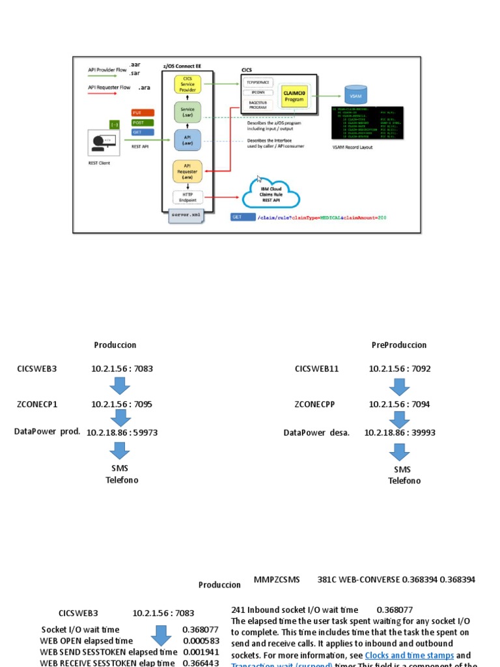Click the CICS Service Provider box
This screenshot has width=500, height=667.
(x=188, y=84)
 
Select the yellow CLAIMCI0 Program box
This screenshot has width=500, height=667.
(x=294, y=95)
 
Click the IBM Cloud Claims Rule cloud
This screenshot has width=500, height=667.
(x=271, y=192)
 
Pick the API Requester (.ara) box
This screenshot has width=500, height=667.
(x=187, y=171)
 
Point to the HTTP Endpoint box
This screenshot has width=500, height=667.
(x=187, y=197)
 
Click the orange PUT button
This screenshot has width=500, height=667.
(x=142, y=113)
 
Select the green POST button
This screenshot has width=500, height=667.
(x=142, y=122)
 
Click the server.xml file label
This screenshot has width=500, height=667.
(x=186, y=215)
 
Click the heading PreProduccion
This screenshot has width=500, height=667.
(x=399, y=345)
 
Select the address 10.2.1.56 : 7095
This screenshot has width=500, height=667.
(x=122, y=404)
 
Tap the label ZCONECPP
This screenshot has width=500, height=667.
(x=314, y=404)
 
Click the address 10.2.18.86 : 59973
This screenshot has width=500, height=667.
(x=122, y=432)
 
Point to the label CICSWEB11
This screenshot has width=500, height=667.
(x=316, y=369)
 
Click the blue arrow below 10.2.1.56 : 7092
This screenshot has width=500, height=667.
(x=398, y=386)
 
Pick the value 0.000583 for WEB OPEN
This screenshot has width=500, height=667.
(x=201, y=641)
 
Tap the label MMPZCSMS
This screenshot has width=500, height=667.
(x=277, y=579)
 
